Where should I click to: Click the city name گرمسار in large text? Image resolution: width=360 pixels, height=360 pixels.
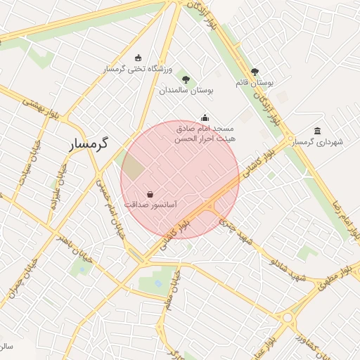pyautogui.click(x=89, y=143)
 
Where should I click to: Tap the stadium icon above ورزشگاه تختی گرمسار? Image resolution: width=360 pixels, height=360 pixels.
pyautogui.click(x=138, y=58)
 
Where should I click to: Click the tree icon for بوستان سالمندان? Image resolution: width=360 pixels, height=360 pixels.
pyautogui.click(x=186, y=79)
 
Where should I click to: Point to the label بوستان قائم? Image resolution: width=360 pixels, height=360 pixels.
pyautogui.click(x=255, y=82)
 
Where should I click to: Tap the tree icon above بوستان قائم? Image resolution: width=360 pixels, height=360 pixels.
pyautogui.click(x=255, y=71)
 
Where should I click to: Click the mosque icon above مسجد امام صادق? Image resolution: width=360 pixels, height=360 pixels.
pyautogui.click(x=205, y=117)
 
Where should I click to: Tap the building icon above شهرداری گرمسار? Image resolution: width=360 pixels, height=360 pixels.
pyautogui.click(x=318, y=131)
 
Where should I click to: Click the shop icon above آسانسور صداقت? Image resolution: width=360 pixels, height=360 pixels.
pyautogui.click(x=150, y=194)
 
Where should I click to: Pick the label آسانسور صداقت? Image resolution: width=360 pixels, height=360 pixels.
pyautogui.click(x=150, y=205)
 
